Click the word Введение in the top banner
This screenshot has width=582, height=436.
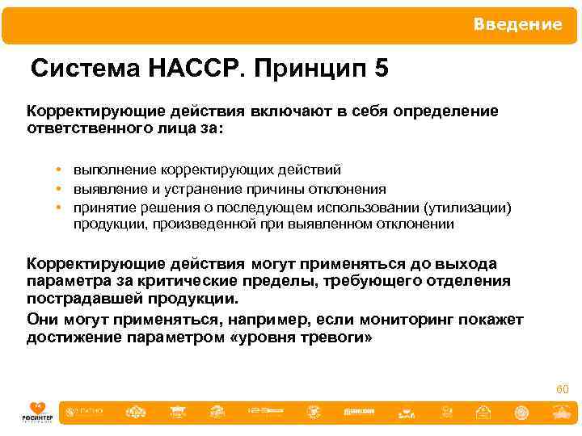517,25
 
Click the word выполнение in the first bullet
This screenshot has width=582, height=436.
115,170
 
